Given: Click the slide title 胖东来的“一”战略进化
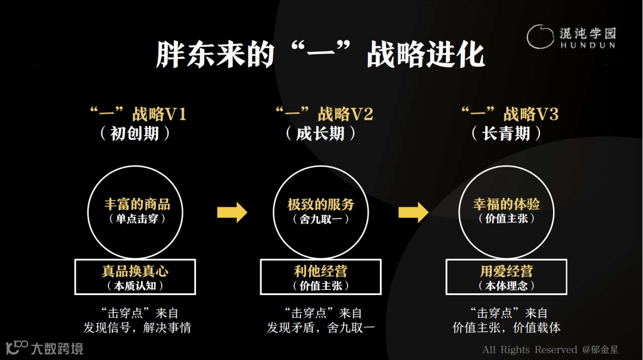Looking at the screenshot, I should pos(320,54).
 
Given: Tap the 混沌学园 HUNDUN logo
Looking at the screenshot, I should pos(571,37).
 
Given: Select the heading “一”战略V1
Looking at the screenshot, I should pos(138,114).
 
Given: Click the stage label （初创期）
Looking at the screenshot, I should pos(135,133).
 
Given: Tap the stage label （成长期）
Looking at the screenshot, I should pos(321,133).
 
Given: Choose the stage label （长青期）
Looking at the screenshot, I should pos(507,133).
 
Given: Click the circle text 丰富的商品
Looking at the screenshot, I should pos(137,205).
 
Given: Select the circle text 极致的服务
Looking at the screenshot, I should pos(321,205).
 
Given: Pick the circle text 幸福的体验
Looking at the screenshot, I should pos(507,205).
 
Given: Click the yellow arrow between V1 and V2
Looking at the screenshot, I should pos(232,211).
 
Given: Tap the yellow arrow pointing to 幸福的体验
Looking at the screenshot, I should pos(413,211).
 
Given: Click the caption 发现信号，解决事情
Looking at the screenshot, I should pos(137,328).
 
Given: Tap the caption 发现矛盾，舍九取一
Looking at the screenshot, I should pos(321,328).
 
